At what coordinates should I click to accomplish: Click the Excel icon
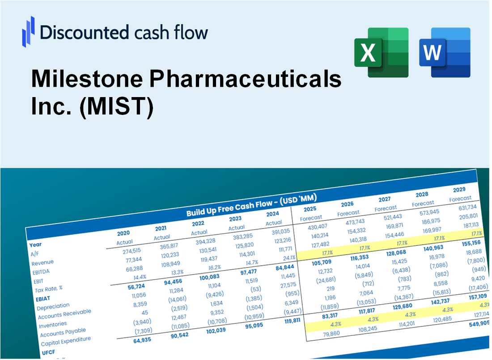[x=381, y=52]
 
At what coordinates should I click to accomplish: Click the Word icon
[x=445, y=52]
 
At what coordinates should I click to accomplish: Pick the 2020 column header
[x=123, y=233]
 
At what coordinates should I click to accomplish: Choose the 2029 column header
[x=459, y=189]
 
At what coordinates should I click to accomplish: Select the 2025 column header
[x=310, y=209]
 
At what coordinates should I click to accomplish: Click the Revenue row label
[x=42, y=262]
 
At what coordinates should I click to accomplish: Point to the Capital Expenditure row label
[x=66, y=341]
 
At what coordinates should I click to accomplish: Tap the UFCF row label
[x=50, y=352]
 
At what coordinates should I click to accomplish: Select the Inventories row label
[x=53, y=324]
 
